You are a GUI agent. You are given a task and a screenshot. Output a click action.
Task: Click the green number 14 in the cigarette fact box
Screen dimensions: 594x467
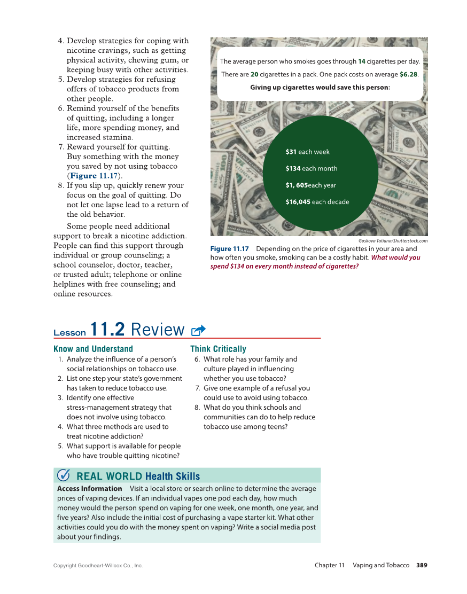362,61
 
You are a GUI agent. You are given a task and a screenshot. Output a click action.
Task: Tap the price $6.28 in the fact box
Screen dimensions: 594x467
408,74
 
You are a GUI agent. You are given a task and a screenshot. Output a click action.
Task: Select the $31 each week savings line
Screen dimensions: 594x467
307,152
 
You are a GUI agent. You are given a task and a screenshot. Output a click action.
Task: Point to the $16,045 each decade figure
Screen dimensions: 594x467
317,202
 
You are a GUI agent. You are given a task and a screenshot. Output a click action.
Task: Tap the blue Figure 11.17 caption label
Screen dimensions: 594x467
230,249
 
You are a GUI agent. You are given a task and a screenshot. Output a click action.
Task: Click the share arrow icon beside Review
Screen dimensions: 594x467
198,331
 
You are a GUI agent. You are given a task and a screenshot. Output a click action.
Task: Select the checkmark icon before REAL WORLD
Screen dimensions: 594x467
63,475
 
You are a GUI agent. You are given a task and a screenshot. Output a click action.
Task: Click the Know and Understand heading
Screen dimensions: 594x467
93,349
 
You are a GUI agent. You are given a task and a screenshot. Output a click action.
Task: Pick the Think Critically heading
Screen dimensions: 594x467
218,349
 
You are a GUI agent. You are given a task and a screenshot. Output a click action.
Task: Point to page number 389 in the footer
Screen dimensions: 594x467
422,565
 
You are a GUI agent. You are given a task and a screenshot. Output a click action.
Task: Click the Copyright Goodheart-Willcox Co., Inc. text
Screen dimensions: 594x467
98,565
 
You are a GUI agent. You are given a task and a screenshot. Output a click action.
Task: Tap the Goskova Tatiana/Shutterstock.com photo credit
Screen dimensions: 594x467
393,240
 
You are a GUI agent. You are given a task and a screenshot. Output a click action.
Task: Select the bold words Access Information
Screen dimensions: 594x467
89,488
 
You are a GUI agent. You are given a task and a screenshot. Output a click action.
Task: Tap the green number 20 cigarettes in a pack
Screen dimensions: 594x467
254,74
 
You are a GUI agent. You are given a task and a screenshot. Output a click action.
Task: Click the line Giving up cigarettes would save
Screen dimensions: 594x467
320,87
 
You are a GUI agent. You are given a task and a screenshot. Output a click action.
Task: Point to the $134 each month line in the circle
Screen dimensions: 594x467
311,169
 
